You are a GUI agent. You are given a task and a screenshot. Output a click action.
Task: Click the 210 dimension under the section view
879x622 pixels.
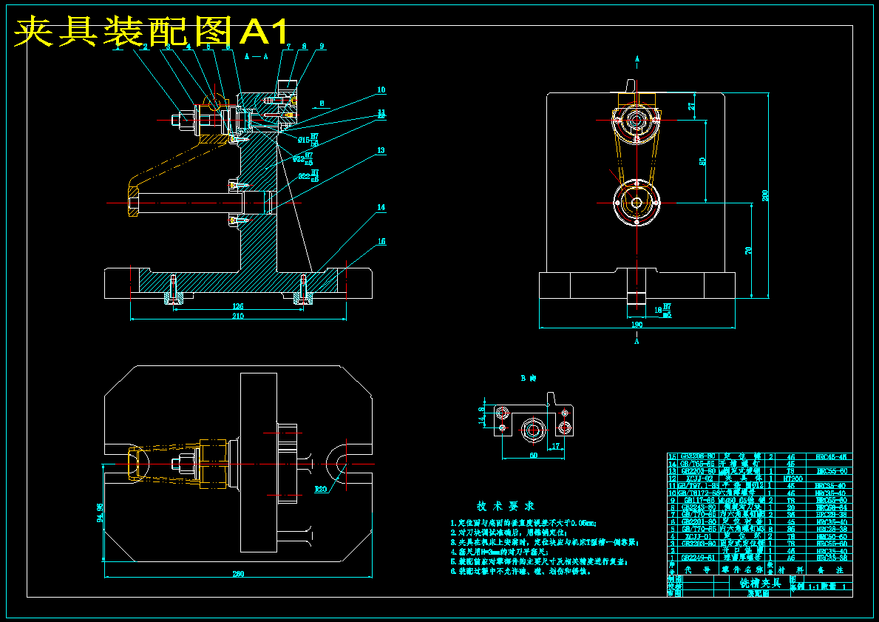(238, 317)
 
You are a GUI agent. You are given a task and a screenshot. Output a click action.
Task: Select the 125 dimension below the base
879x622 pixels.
(238, 306)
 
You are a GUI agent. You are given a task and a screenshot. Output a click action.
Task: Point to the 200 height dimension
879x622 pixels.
(766, 196)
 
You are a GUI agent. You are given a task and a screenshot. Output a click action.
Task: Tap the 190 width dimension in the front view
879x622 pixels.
(637, 324)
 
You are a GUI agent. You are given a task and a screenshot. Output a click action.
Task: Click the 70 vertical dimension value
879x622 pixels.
(749, 250)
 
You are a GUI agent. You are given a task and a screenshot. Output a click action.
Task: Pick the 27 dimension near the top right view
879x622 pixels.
(692, 106)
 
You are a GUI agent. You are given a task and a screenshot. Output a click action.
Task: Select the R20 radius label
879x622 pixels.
(321, 489)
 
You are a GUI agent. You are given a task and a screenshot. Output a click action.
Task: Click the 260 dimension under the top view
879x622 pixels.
(238, 574)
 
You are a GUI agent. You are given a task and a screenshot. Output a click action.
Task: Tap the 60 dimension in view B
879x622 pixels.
(533, 456)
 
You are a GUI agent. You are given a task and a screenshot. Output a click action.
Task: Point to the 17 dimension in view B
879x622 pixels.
(555, 445)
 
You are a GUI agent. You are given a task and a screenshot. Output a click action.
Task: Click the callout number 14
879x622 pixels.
(381, 208)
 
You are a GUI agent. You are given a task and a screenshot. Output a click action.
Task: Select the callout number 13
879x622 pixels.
(381, 150)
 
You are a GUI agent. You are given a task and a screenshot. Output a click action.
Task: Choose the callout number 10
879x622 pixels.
(381, 89)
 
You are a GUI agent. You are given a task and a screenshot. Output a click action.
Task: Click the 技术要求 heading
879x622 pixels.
(505, 507)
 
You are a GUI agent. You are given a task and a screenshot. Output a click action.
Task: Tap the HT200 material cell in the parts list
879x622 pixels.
(792, 479)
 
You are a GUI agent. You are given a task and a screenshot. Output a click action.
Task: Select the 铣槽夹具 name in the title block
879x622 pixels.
(760, 583)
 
